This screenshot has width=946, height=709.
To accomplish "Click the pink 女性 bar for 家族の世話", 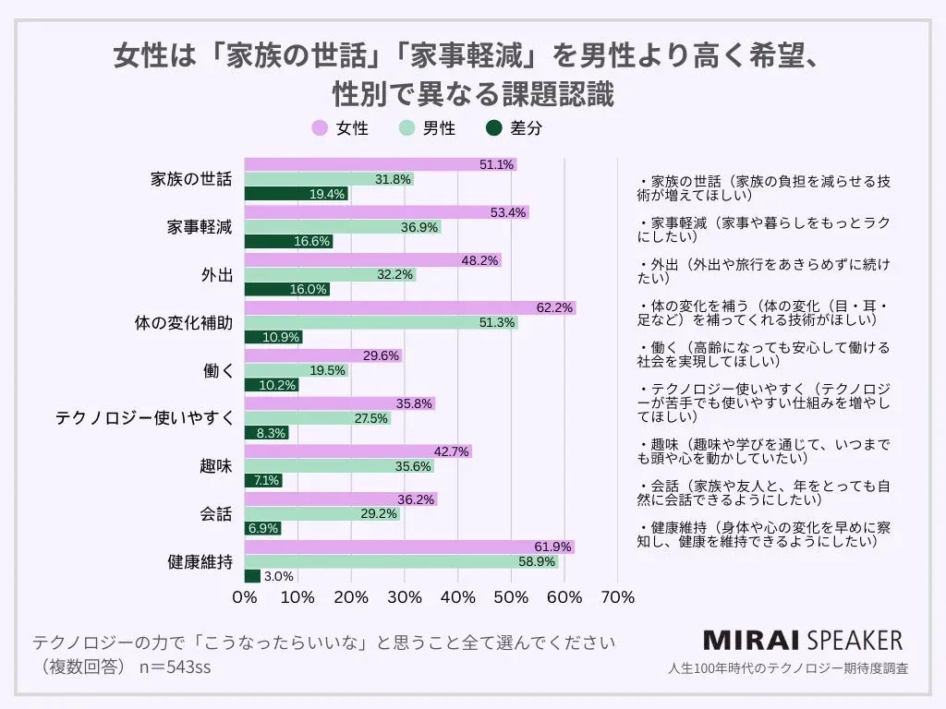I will tap(380, 164).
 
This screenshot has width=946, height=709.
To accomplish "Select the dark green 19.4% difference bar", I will tap(296, 194).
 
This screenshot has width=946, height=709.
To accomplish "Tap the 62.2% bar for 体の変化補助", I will tap(409, 307).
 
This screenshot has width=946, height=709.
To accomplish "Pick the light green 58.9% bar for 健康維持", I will tap(401, 561).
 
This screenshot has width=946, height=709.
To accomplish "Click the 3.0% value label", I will tap(278, 576).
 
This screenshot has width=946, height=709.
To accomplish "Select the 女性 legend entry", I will tap(341, 128).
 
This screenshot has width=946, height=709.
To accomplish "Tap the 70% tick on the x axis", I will tap(617, 597).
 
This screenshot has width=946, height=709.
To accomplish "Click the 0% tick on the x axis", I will tap(245, 597).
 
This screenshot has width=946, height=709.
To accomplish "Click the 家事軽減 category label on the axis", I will tap(200, 227).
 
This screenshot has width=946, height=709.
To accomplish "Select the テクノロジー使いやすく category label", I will tap(143, 418).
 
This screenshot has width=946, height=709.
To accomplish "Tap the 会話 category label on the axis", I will tap(215, 514).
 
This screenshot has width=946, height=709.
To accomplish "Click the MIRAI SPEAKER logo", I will tap(802, 641).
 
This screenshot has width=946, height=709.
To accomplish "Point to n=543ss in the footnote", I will tap(175, 667).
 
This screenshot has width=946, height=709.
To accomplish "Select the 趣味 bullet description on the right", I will tap(761, 451).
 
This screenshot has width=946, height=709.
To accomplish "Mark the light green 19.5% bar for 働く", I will tap(296, 370).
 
